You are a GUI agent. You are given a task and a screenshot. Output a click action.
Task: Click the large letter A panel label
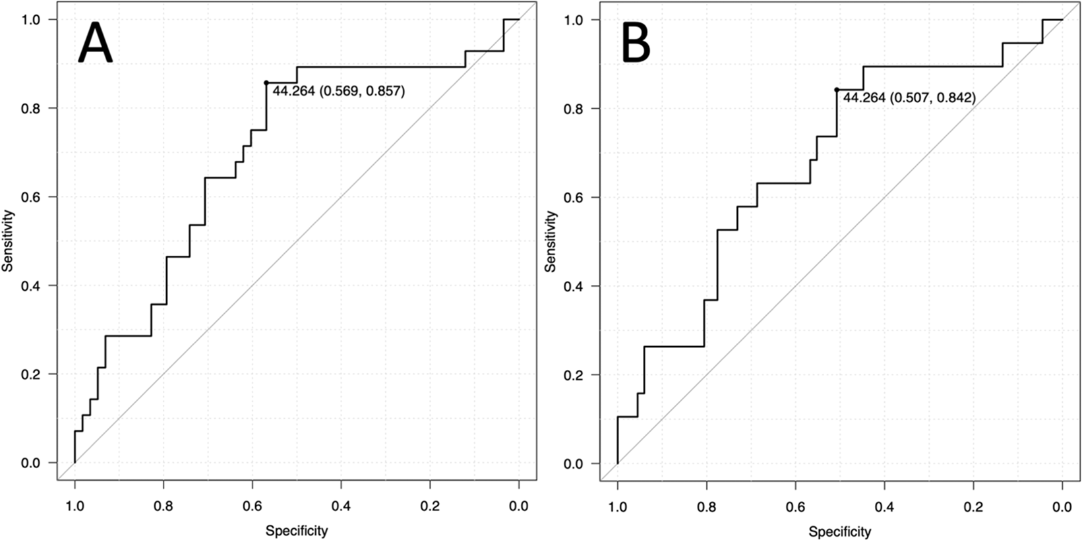click(x=96, y=42)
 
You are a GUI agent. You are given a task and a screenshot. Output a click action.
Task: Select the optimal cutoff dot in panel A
click(x=266, y=83)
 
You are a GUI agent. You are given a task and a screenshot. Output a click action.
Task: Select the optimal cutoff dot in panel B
click(x=837, y=90)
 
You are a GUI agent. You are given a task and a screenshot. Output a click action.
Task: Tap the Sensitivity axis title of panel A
click(x=8, y=241)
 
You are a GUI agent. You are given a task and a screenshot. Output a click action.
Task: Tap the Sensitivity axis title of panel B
click(x=551, y=241)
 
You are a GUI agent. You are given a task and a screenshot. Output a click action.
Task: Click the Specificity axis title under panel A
click(x=297, y=530)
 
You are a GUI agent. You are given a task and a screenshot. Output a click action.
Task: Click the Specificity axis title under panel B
click(x=839, y=531)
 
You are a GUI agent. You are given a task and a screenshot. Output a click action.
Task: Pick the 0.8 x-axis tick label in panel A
click(x=164, y=506)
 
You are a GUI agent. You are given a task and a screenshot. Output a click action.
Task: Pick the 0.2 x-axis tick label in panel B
click(x=973, y=506)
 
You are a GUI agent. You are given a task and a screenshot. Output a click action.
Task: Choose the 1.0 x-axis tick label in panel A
click(x=75, y=506)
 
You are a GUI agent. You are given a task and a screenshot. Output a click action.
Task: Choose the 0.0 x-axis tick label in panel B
click(x=1062, y=506)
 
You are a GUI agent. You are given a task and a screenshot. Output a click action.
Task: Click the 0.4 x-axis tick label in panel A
click(x=342, y=506)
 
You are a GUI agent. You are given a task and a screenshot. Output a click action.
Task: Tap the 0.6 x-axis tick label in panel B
click(x=795, y=506)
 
